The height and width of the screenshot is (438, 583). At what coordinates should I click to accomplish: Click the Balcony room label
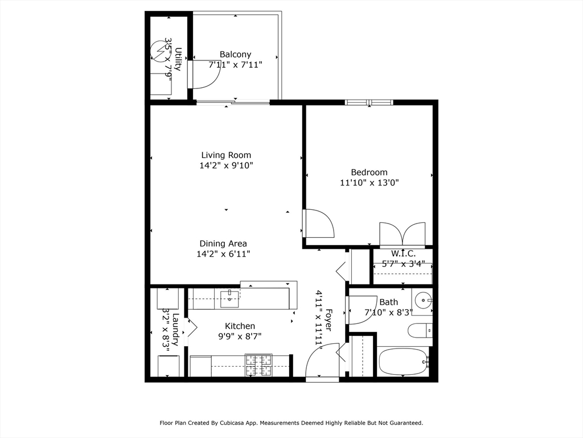(235, 55)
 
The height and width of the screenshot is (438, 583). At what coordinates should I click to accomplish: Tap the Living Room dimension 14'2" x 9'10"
(226, 166)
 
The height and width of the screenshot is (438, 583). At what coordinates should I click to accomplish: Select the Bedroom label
(369, 172)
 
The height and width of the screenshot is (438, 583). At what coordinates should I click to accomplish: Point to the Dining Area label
(223, 244)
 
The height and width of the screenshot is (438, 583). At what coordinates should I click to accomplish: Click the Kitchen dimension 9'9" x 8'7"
(240, 336)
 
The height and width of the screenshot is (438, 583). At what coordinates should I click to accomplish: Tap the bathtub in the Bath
(403, 361)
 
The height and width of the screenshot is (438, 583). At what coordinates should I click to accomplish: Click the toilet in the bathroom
(420, 330)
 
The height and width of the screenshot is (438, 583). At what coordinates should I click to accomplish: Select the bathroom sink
(422, 300)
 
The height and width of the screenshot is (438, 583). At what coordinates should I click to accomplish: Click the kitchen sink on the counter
(229, 296)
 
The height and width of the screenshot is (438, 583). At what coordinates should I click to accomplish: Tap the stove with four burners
(258, 365)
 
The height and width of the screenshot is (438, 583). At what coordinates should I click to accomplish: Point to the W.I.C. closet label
(403, 253)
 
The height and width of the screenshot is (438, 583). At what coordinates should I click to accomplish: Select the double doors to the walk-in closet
(403, 234)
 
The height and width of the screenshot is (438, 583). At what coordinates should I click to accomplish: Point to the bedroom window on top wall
(369, 103)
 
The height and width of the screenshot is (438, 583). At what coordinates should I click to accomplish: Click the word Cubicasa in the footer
(247, 423)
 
